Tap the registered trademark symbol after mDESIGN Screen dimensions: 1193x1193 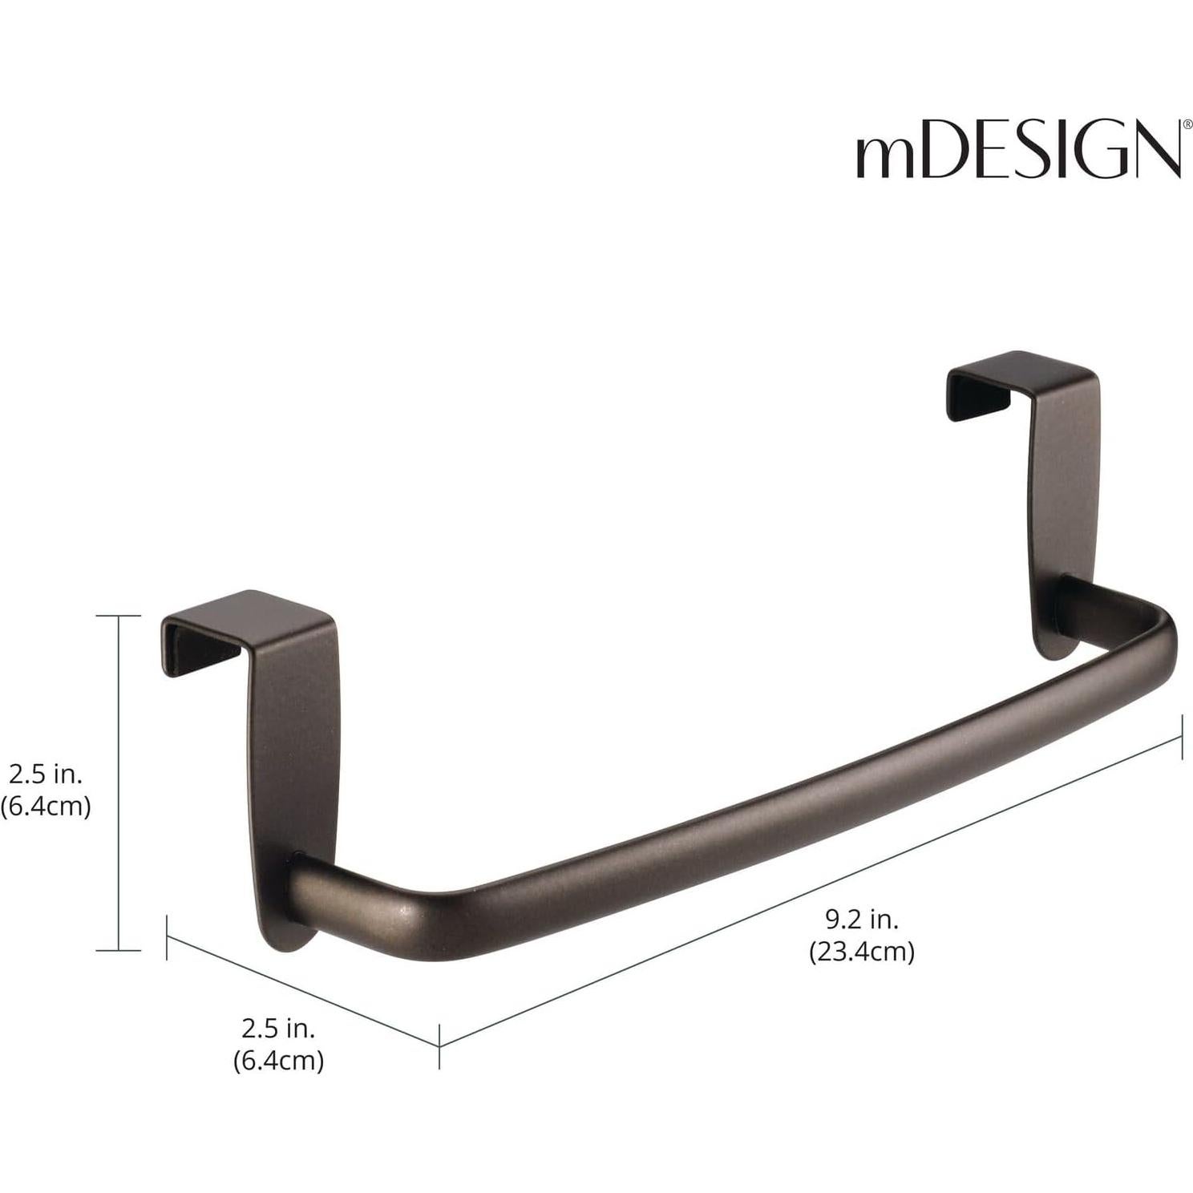click(x=1177, y=126)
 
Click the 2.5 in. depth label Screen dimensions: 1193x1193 click(x=278, y=1028)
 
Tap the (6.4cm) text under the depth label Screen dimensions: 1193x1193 click(x=278, y=1061)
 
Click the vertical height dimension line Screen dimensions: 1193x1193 click(x=119, y=782)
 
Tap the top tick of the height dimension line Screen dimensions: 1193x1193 click(x=119, y=616)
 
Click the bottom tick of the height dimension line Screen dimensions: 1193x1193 click(x=119, y=951)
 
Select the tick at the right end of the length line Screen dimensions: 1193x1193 click(x=1182, y=738)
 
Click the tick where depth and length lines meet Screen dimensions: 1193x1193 click(x=439, y=1045)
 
